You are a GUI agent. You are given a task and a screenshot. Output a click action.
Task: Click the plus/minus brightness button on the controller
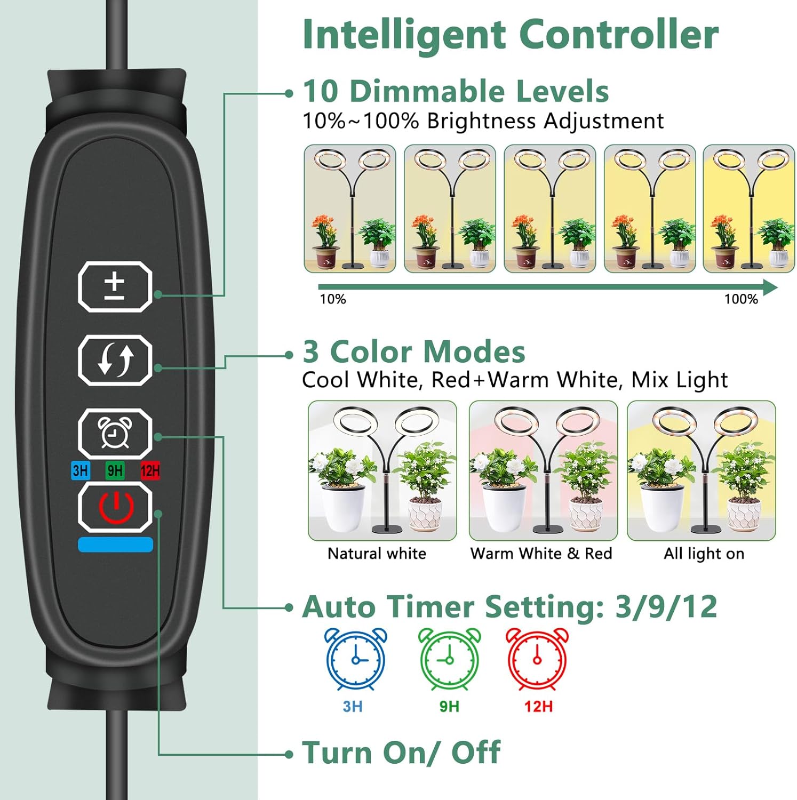115,287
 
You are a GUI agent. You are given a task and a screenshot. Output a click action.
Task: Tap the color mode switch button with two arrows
115,361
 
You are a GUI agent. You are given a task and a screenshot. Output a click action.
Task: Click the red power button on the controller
115,507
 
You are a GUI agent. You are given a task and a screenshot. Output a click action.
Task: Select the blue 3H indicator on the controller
81,470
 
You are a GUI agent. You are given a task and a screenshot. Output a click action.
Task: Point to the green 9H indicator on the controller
115,470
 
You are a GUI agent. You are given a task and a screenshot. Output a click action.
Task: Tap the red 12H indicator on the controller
150,470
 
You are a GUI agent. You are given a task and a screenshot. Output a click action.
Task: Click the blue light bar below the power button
115,545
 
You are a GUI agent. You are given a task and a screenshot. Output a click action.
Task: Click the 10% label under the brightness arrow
333,299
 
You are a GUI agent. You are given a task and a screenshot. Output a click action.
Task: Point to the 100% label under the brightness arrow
741,299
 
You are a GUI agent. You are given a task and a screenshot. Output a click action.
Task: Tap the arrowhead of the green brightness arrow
771,287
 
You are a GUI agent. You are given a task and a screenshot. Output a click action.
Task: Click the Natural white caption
377,554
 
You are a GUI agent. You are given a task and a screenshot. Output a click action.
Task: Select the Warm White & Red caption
541,554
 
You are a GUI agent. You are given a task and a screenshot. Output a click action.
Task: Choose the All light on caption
704,554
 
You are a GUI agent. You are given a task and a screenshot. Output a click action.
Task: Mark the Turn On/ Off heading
401,753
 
